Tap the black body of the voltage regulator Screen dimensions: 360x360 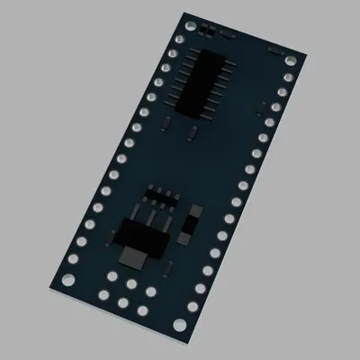(139, 236)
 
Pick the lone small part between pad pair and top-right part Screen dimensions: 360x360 (229, 36)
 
